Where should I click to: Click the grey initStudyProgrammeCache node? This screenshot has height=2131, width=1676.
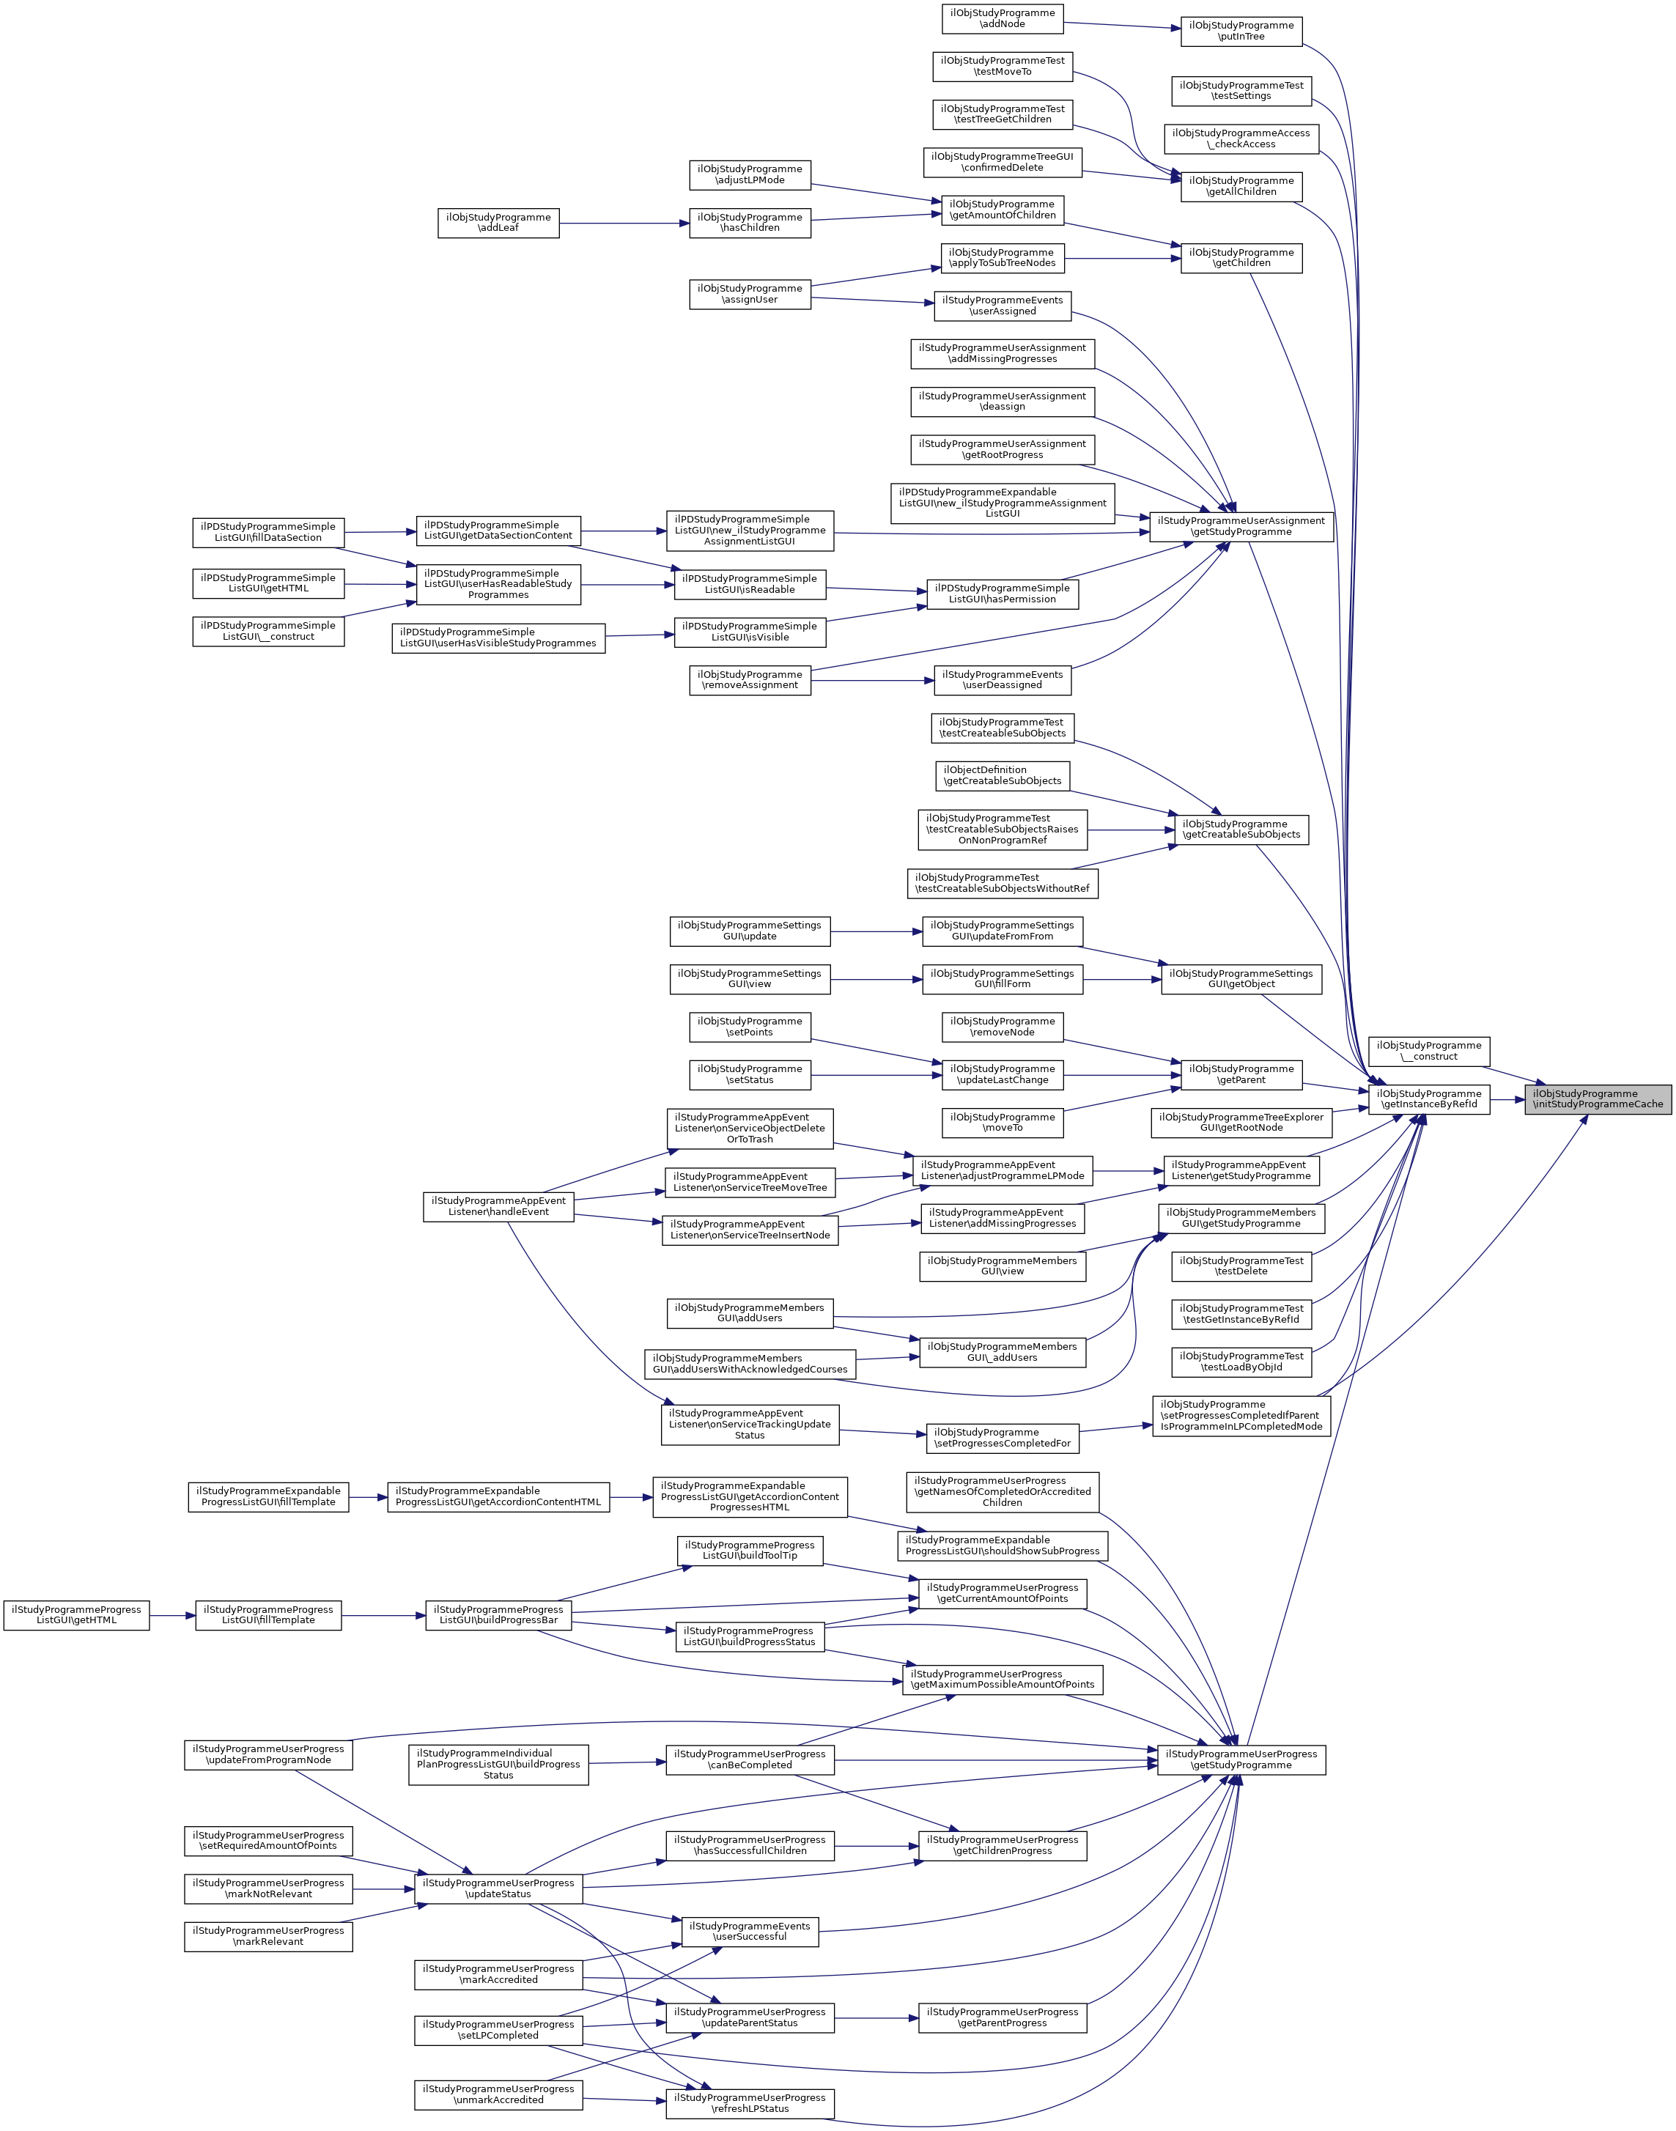click(1598, 1099)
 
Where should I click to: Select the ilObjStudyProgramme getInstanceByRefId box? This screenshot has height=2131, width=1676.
click(1429, 1099)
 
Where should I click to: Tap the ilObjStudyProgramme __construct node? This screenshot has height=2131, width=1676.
click(1429, 1051)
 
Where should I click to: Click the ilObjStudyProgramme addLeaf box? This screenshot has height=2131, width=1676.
click(498, 223)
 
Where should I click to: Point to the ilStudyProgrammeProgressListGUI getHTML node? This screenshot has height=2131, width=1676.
click(76, 1615)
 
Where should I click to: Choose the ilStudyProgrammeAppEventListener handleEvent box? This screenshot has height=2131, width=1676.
click(498, 1205)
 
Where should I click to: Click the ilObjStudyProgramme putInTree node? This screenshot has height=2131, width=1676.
click(1241, 32)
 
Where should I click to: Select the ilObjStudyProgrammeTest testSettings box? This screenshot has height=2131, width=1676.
click(1241, 92)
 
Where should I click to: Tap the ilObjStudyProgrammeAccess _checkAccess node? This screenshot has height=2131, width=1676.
click(1241, 139)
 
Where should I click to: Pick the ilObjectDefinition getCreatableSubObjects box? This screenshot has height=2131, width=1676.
click(1002, 776)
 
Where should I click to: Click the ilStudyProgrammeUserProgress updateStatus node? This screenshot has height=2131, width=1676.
click(498, 1888)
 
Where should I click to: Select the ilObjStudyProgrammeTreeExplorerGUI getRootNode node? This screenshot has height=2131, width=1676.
click(1241, 1123)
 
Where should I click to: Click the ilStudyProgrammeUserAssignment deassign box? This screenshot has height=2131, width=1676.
click(1002, 402)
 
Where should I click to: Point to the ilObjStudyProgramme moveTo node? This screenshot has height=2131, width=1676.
click(1002, 1123)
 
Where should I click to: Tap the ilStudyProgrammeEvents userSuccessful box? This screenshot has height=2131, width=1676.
click(750, 1931)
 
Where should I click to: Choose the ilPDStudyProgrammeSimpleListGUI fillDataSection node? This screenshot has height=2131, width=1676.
click(268, 532)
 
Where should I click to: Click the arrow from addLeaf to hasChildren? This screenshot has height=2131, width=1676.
click(624, 224)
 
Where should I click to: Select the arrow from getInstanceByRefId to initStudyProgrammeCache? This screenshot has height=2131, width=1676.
click(1507, 1100)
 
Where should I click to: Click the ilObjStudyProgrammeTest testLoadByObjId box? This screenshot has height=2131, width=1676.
click(1241, 1362)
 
